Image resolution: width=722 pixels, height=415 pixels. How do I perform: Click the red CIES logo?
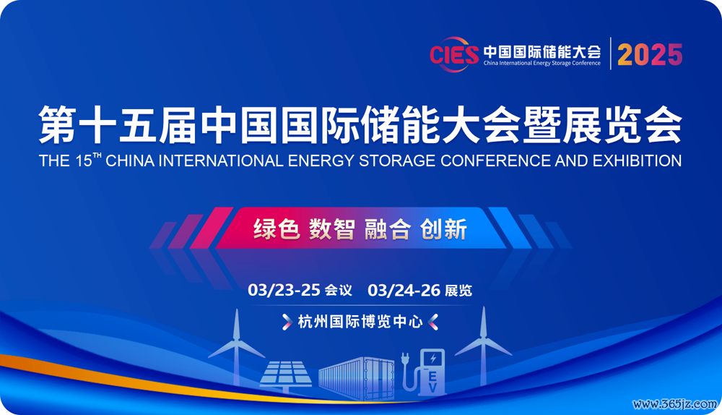454,54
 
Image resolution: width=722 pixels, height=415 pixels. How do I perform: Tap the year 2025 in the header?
650,54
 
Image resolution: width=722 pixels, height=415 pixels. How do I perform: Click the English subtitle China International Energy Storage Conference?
542,63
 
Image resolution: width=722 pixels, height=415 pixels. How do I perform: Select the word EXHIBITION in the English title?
637,161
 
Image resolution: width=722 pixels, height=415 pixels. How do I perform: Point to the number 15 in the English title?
84,161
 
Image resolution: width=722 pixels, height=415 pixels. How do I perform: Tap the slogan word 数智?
332,228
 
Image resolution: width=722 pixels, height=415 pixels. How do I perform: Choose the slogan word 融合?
388,228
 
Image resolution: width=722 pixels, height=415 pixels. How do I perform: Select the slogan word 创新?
443,228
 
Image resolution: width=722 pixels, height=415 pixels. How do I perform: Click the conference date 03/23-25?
284,290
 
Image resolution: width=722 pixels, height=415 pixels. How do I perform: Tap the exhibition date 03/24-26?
404,290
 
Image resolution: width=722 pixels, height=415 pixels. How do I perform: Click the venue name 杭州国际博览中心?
360,322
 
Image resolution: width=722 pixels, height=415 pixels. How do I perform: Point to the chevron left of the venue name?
287,322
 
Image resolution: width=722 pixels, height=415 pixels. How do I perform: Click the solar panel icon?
285,376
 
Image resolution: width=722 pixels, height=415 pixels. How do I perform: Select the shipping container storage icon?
357,378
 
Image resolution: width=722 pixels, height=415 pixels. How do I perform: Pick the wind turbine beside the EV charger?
483,346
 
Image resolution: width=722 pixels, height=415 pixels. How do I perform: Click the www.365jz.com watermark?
675,404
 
